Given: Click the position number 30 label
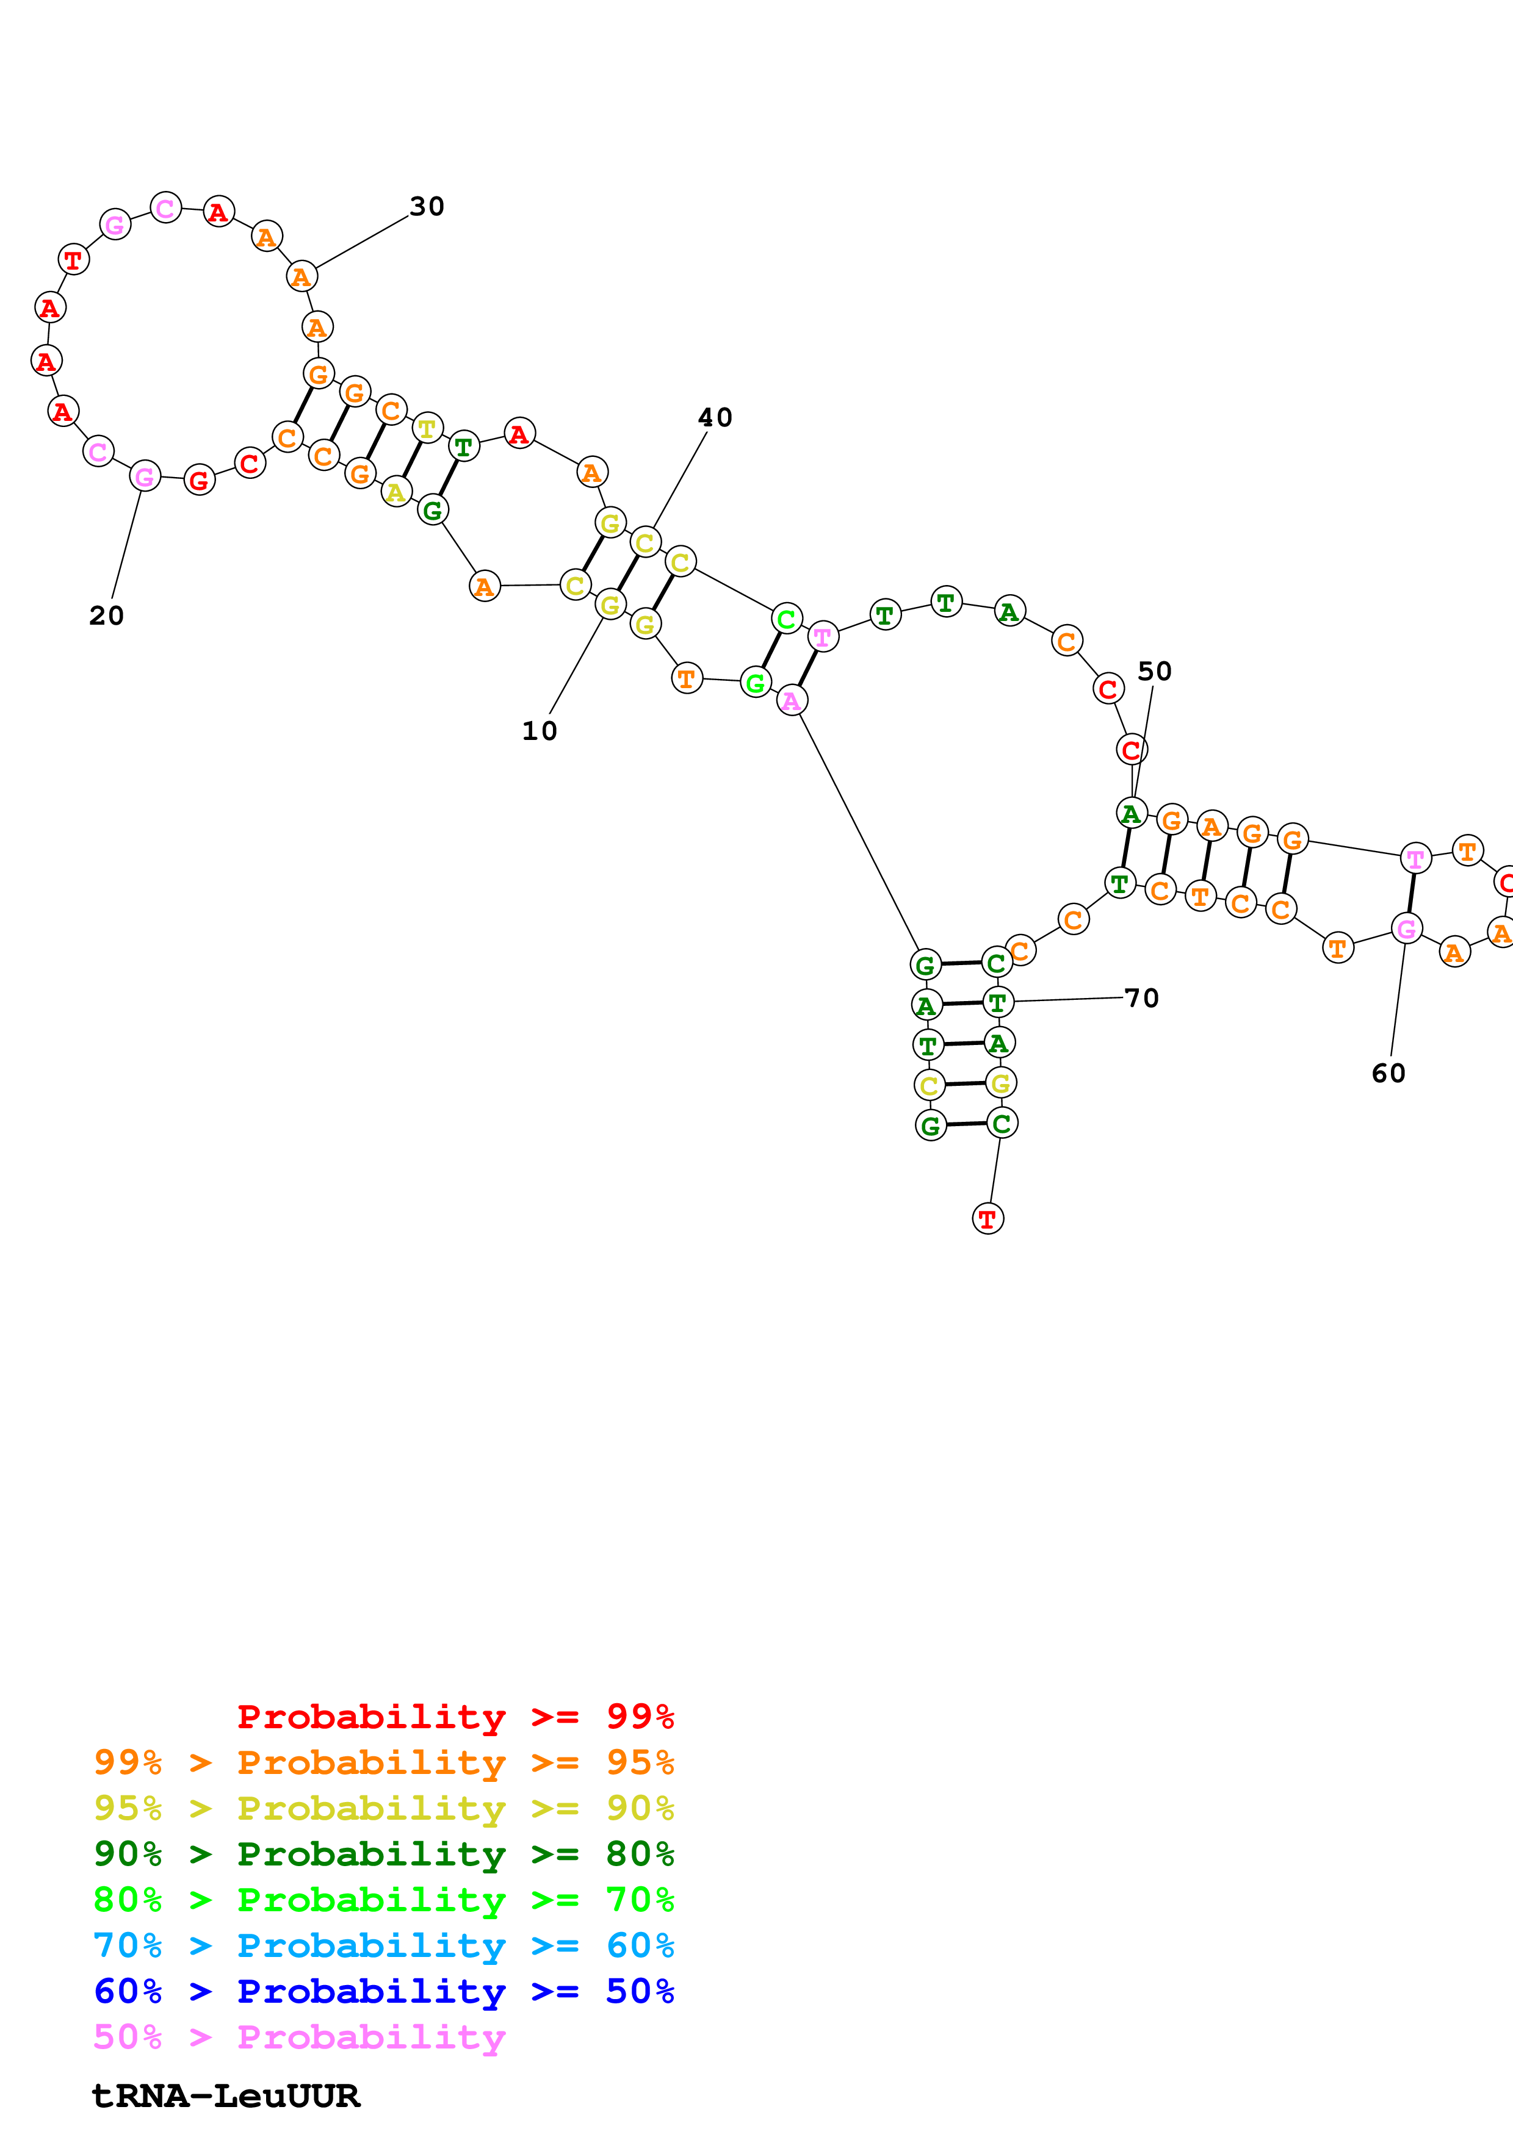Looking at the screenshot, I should click(427, 206).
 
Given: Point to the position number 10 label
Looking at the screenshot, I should click(539, 731).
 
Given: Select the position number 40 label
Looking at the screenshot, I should click(715, 417).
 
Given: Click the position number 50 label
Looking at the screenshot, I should click(1154, 671).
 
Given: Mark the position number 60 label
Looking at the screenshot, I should click(1388, 1073).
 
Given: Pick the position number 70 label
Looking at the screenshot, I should click(1142, 998).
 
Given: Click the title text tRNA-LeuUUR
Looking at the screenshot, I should click(226, 2096).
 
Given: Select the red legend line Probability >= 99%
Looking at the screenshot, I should click(455, 1716).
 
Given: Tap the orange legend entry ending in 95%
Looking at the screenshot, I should click(383, 1762).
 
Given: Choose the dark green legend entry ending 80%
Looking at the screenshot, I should click(383, 1854).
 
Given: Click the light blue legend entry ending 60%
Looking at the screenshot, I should click(383, 1945).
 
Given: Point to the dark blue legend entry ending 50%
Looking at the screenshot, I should click(383, 1991).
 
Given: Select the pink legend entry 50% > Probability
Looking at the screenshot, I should click(298, 2036).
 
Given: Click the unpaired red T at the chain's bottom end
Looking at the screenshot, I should click(988, 1218).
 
